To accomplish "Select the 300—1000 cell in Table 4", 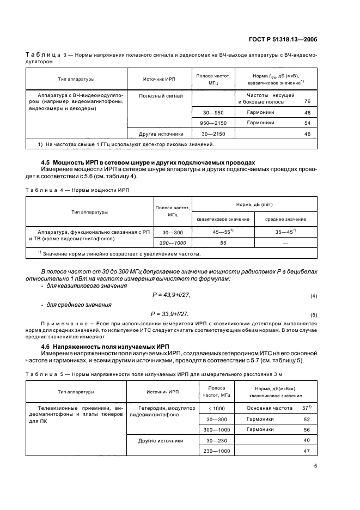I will click(170, 242).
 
